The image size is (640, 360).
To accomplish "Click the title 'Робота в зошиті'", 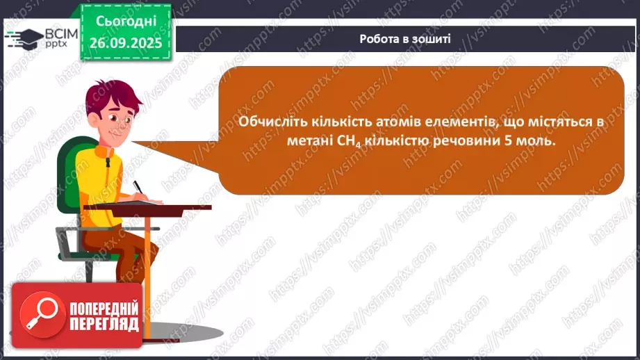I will tap(405, 38).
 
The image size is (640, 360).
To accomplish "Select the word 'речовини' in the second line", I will tap(475, 140).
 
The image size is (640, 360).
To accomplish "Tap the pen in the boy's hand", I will tap(138, 186).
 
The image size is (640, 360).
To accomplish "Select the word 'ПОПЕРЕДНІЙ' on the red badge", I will tap(104, 308).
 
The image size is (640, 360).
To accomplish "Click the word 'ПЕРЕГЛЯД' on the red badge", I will tap(104, 325).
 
